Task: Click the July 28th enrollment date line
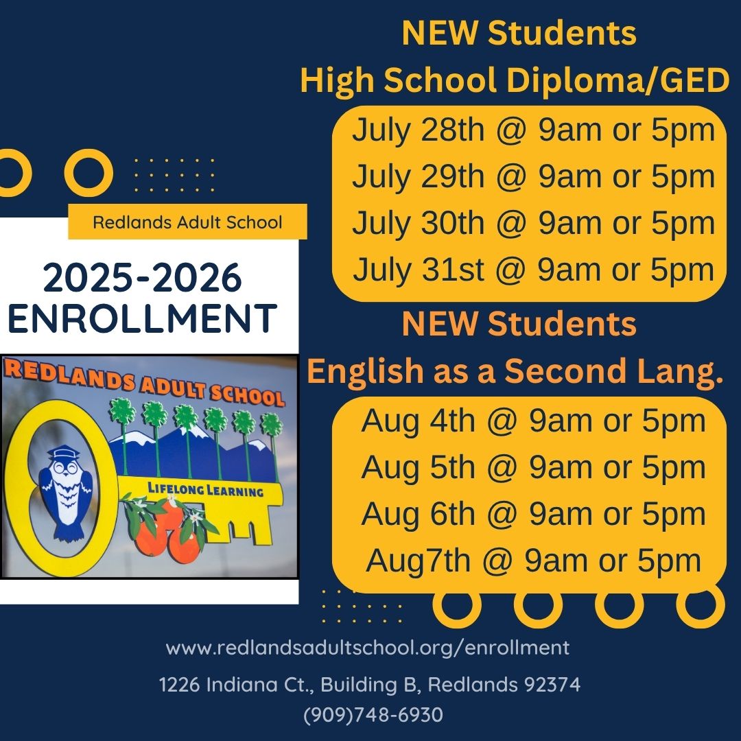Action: click(x=533, y=130)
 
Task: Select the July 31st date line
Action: click(x=533, y=270)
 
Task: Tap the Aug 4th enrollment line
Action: click(x=533, y=421)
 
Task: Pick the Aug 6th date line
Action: click(x=533, y=514)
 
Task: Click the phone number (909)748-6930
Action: click(x=373, y=715)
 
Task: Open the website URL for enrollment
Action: click(x=368, y=648)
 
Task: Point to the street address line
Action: click(x=370, y=684)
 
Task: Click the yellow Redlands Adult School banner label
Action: click(x=187, y=222)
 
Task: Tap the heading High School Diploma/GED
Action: click(x=515, y=82)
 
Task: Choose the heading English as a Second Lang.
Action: click(x=515, y=371)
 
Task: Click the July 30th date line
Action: click(x=533, y=224)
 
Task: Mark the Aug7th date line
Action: click(x=533, y=561)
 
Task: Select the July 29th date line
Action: click(x=533, y=177)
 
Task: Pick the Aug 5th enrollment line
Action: click(x=533, y=467)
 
